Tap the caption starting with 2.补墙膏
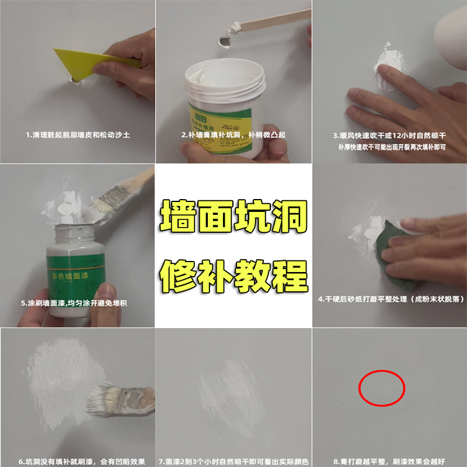pyautogui.click(x=233, y=135)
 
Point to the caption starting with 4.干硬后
pyautogui.click(x=391, y=299)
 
